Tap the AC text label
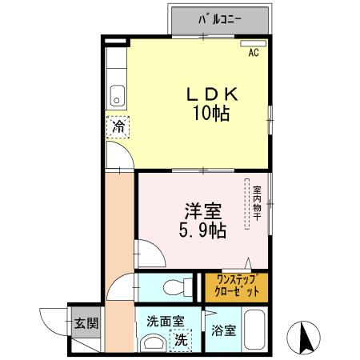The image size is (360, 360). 253,54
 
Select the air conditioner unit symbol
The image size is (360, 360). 254,42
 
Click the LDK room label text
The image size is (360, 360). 212,94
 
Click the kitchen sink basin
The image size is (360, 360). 118,94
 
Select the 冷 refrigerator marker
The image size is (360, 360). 118,126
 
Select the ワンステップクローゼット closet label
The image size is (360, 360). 236,286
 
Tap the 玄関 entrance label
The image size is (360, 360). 86,324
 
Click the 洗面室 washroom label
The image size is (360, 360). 165,322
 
